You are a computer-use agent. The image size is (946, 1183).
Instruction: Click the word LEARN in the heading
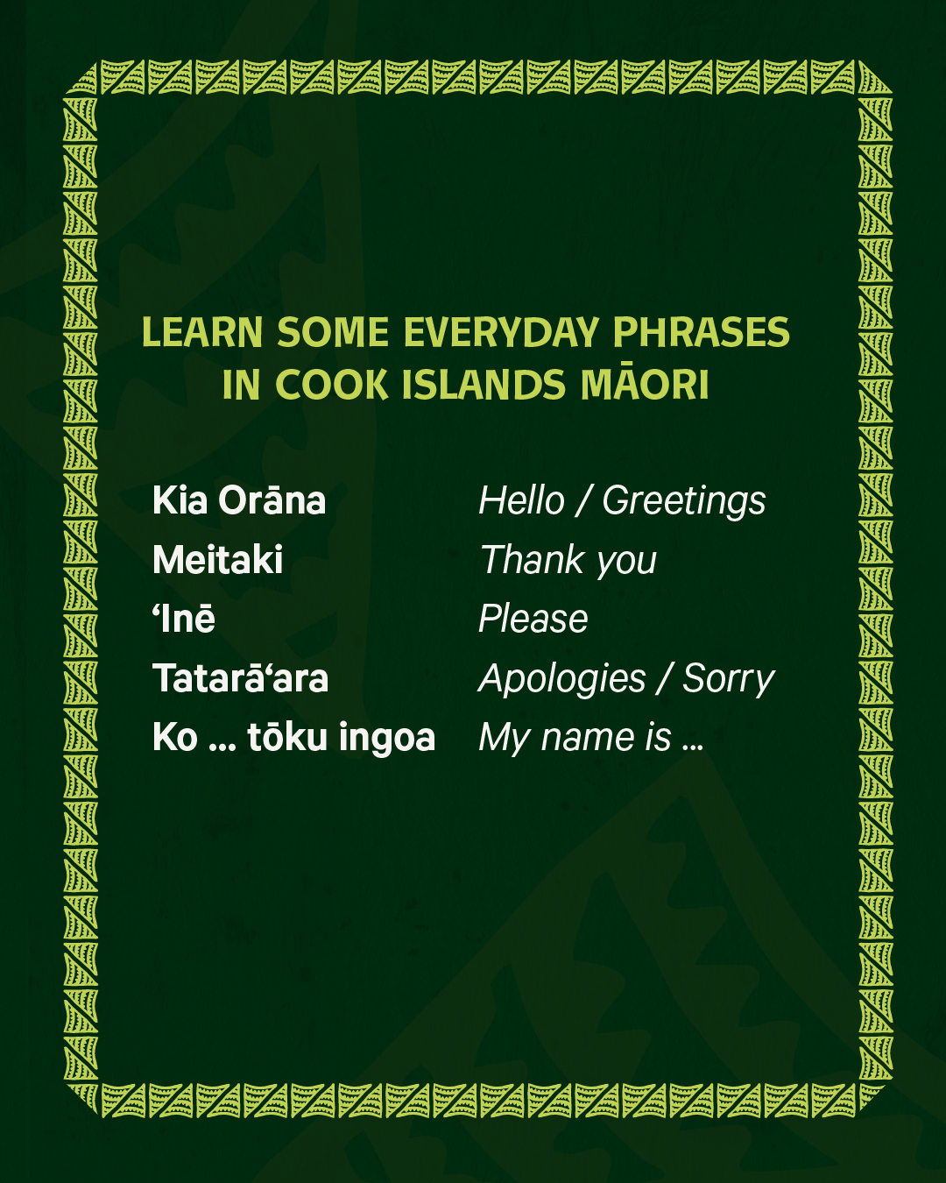coord(201,332)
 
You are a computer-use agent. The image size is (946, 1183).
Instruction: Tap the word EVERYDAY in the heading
coord(501,332)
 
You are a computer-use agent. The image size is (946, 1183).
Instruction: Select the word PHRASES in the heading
coord(701,332)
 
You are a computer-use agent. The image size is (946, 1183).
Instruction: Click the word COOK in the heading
coord(332,384)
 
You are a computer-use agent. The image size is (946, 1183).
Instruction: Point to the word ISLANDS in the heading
coord(484,384)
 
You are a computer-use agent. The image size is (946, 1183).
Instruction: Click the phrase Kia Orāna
coord(239,500)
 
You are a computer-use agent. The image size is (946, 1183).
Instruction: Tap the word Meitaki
coord(218,559)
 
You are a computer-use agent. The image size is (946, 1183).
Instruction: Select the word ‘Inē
coord(184,618)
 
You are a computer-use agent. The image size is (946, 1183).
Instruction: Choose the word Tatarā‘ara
coord(240,677)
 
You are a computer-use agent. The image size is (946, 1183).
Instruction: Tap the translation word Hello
coord(522,500)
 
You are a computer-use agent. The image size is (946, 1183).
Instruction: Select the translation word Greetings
coord(684,502)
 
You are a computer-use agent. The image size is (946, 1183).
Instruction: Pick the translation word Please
coord(533,619)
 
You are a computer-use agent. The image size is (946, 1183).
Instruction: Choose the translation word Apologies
coord(561,680)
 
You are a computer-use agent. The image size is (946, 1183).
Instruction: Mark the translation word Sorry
coord(728,680)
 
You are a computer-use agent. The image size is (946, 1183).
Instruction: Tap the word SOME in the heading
coord(333,332)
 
